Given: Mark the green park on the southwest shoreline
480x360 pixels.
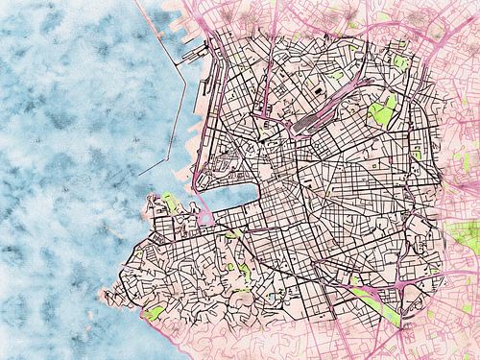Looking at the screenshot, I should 154,313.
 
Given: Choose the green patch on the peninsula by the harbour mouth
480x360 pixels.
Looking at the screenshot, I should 168,202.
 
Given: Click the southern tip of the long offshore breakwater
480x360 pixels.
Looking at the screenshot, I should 141,174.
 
